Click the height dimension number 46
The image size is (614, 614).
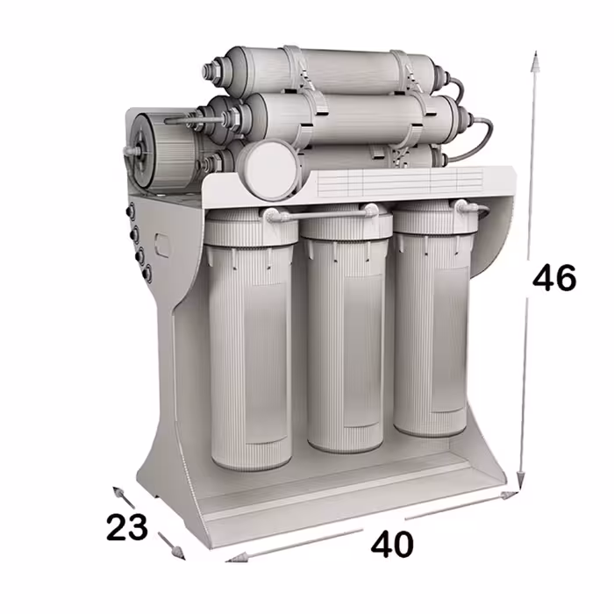click(554, 277)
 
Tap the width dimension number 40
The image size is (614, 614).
click(392, 545)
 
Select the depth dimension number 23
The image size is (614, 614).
click(127, 527)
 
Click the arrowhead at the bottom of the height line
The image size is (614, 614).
click(520, 480)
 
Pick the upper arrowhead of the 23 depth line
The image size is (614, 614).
click(119, 493)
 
